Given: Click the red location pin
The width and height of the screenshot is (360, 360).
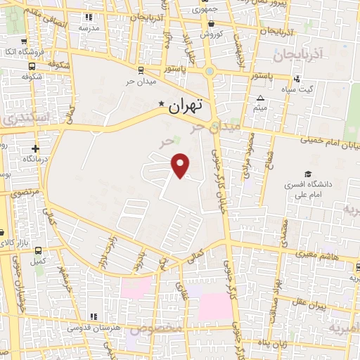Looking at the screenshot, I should coord(181,166).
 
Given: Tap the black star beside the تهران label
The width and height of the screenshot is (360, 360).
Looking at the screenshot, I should coord(162,105).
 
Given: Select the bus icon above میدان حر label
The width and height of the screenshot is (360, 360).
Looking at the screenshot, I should coord(141,70).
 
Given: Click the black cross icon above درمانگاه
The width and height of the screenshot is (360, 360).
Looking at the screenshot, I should coord(36,149).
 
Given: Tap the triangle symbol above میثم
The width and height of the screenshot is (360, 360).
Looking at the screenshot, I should coord(260,98).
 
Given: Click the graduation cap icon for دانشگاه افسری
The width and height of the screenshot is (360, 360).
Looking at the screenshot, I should coord(307,174).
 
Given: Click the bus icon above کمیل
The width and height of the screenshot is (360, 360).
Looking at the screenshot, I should coord(37,251).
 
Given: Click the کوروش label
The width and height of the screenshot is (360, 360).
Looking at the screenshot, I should coord(211,34).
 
